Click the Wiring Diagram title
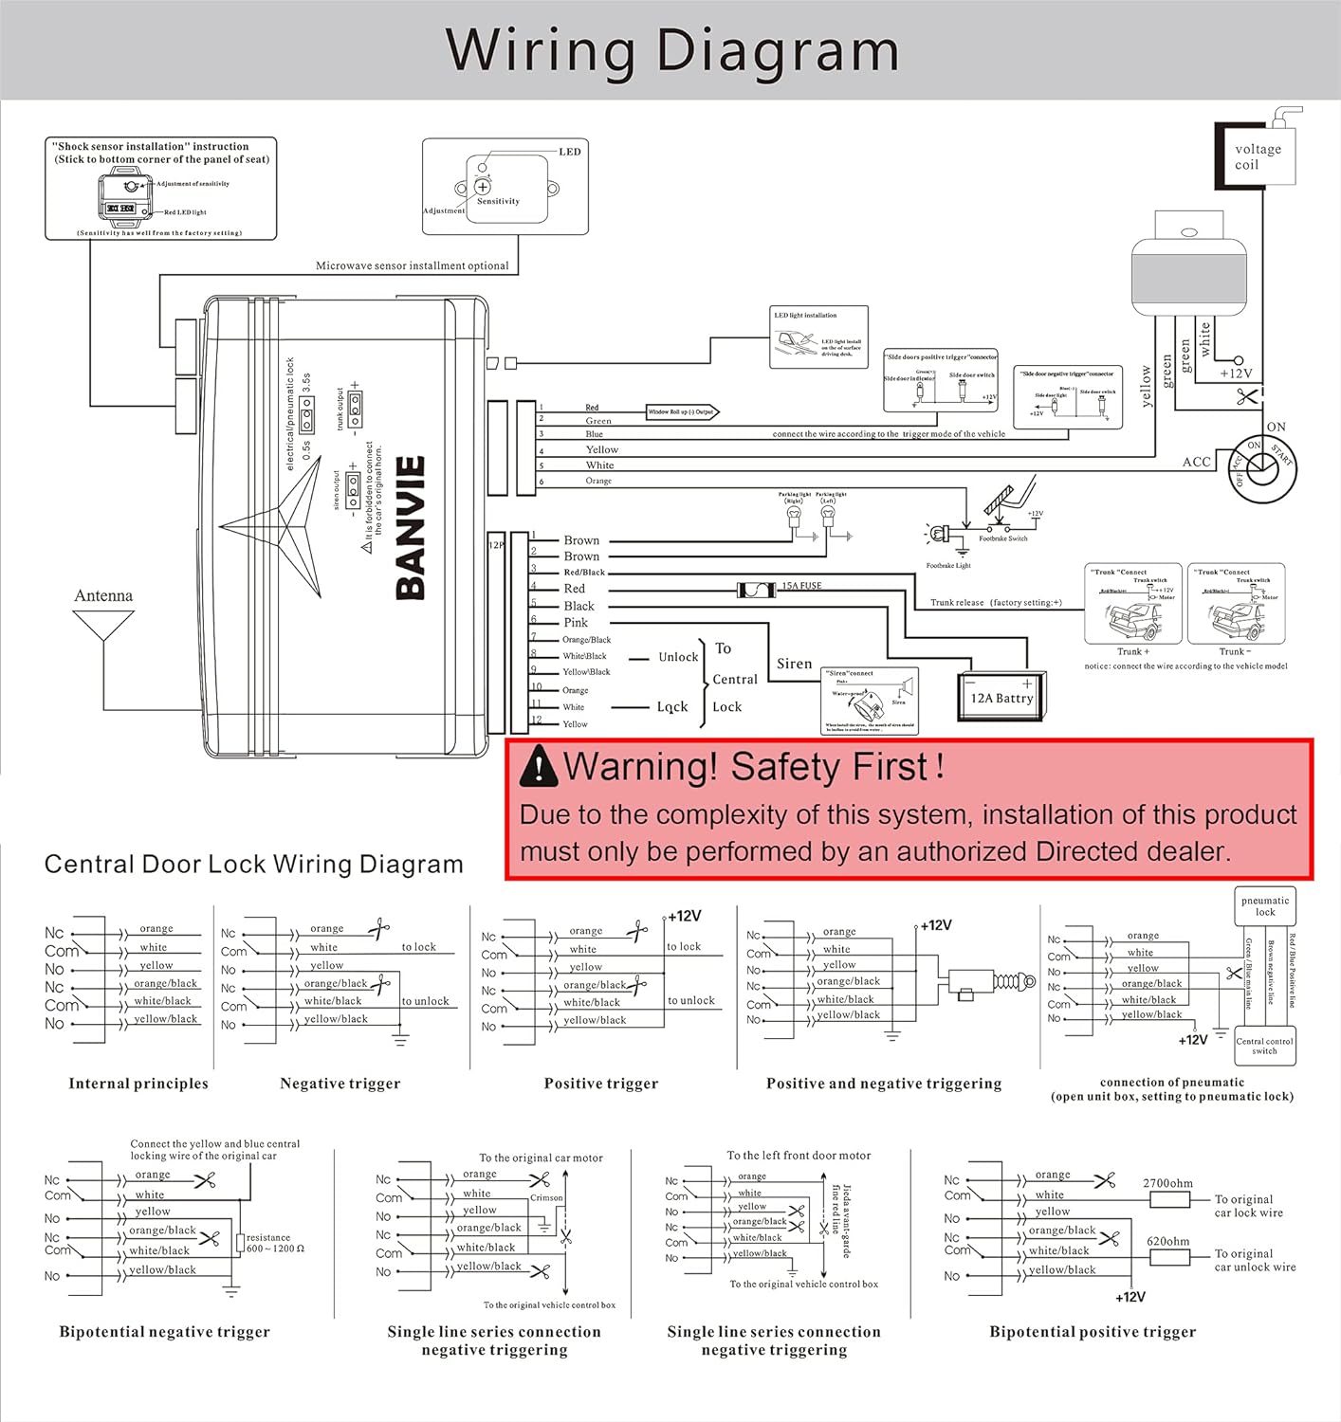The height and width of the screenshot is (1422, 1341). (671, 50)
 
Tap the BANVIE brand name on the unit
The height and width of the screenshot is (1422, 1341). (411, 529)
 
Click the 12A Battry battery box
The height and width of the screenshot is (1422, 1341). (1001, 698)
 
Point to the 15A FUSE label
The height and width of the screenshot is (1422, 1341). (801, 586)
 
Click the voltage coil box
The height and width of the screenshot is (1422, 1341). (1257, 156)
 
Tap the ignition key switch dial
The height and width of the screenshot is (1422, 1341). (1263, 465)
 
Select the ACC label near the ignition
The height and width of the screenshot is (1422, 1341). (1196, 462)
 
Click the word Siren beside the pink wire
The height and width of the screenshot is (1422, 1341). (794, 664)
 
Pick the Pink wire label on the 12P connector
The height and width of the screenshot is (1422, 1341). (576, 623)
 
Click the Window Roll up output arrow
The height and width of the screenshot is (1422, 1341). (682, 412)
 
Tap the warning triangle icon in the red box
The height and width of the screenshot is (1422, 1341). (539, 766)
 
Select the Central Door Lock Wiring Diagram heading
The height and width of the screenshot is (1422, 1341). (253, 864)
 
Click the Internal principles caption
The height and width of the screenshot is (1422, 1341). (138, 1084)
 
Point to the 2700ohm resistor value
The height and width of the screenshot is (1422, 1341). (1167, 1183)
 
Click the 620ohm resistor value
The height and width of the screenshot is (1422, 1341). (1167, 1241)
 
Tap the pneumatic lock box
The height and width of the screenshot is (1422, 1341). (1265, 906)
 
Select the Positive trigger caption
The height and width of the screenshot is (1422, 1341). (600, 1084)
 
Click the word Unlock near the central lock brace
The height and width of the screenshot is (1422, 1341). (678, 657)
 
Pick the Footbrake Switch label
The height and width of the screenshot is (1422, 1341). (1003, 538)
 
